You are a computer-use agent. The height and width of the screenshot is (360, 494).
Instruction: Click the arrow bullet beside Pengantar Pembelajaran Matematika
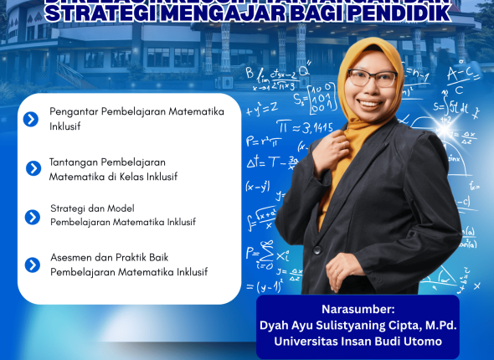click(31, 119)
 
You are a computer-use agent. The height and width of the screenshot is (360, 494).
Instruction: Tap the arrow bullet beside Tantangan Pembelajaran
click(33, 168)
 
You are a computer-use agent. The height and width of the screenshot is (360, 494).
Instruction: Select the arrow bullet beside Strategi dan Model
click(33, 217)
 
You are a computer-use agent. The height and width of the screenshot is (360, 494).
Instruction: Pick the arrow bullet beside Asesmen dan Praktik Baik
click(33, 265)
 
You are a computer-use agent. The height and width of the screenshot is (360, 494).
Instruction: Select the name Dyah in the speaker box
click(280, 325)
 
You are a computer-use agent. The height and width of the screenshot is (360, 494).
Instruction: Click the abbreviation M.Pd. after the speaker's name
click(432, 325)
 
